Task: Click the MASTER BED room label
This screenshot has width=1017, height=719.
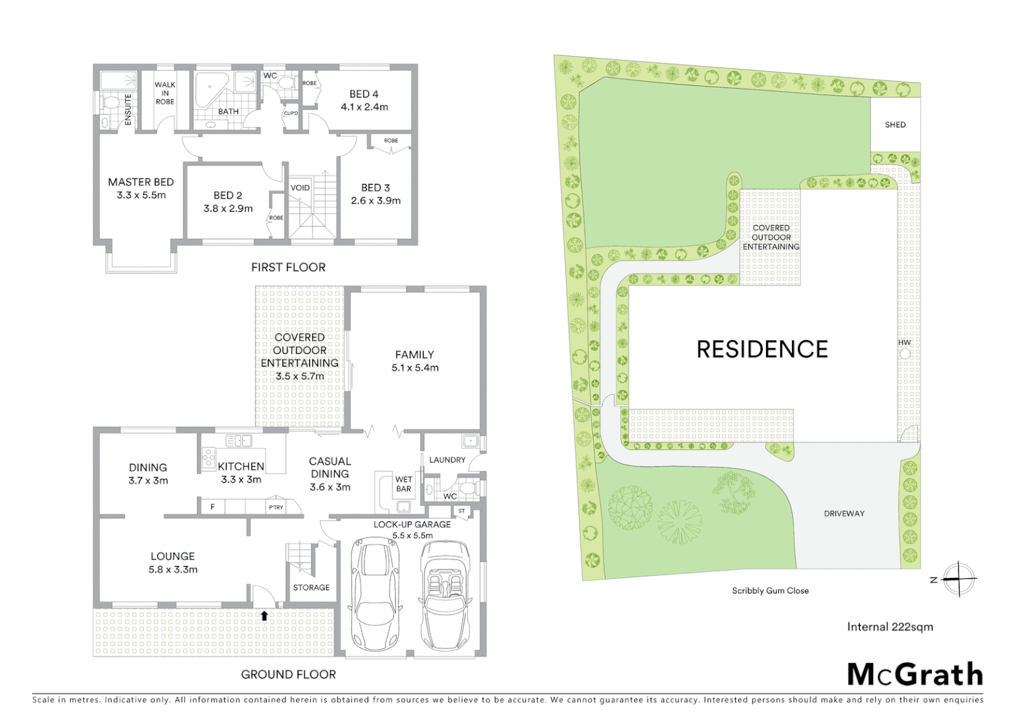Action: pos(140,182)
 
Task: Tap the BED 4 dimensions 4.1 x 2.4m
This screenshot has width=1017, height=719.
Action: pos(364,107)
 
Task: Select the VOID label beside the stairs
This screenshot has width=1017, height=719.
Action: pos(300,188)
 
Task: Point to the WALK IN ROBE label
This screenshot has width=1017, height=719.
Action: pos(165,93)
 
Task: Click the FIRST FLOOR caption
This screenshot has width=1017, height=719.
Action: pos(288,267)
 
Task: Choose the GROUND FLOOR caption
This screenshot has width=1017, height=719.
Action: pos(288,674)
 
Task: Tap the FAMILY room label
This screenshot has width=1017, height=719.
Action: pos(414,355)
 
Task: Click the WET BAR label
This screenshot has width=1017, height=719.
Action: pos(403,484)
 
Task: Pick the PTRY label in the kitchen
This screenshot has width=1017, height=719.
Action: pos(276,507)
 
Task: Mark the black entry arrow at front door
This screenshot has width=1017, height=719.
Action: pos(264,616)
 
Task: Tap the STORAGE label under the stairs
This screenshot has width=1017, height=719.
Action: pos(311,587)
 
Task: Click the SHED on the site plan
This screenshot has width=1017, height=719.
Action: pos(895,124)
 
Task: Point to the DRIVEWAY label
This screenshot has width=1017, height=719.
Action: pos(844,513)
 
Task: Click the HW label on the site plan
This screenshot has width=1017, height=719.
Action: pos(905,343)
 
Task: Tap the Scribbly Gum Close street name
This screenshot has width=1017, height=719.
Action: pos(770,591)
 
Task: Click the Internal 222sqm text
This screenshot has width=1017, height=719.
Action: pos(890,626)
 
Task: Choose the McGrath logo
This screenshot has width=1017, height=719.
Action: pos(915,674)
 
